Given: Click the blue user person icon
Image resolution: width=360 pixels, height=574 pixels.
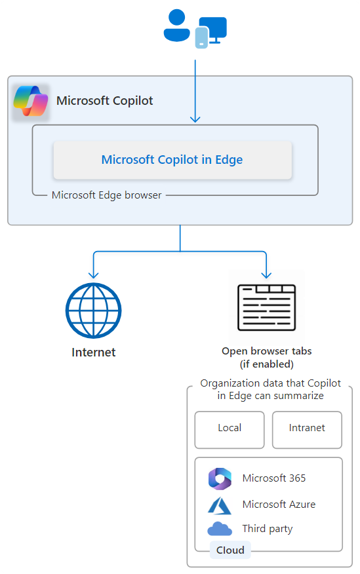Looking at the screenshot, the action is click(176, 26).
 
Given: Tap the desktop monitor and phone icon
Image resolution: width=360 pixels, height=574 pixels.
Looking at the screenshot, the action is click(210, 32).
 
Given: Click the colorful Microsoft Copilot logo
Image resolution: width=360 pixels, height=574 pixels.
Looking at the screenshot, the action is click(31, 101).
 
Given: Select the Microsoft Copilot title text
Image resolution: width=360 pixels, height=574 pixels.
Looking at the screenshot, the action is click(105, 101).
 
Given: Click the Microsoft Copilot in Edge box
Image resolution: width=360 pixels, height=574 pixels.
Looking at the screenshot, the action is click(172, 160).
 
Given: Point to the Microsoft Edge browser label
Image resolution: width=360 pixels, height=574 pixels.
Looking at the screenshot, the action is click(107, 195).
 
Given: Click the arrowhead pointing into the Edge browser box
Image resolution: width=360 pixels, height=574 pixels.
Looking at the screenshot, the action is click(195, 119).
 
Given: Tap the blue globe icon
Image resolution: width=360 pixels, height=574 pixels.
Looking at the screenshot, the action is click(93, 311).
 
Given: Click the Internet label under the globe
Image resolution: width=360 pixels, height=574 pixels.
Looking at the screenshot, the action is click(93, 352).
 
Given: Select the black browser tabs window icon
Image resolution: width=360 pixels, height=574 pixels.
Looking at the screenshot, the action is click(267, 307).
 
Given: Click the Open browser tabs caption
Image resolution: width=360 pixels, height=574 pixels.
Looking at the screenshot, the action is click(267, 357).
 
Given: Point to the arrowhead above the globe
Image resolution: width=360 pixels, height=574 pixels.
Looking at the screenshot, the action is click(94, 275).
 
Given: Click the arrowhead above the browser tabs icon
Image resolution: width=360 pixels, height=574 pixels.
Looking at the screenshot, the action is click(266, 275).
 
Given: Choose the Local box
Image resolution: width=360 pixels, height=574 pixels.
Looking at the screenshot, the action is click(230, 430).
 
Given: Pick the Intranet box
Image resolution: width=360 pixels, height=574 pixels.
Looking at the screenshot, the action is click(307, 430).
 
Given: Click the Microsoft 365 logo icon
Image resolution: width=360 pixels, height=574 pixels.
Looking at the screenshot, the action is click(220, 478).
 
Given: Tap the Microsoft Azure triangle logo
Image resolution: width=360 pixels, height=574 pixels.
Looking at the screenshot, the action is click(220, 506).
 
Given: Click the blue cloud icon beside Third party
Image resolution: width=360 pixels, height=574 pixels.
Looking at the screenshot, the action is click(220, 529).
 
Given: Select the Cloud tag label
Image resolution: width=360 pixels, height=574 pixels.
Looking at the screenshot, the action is click(230, 550).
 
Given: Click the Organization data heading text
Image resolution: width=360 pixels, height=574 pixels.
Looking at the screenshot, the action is click(270, 389).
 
